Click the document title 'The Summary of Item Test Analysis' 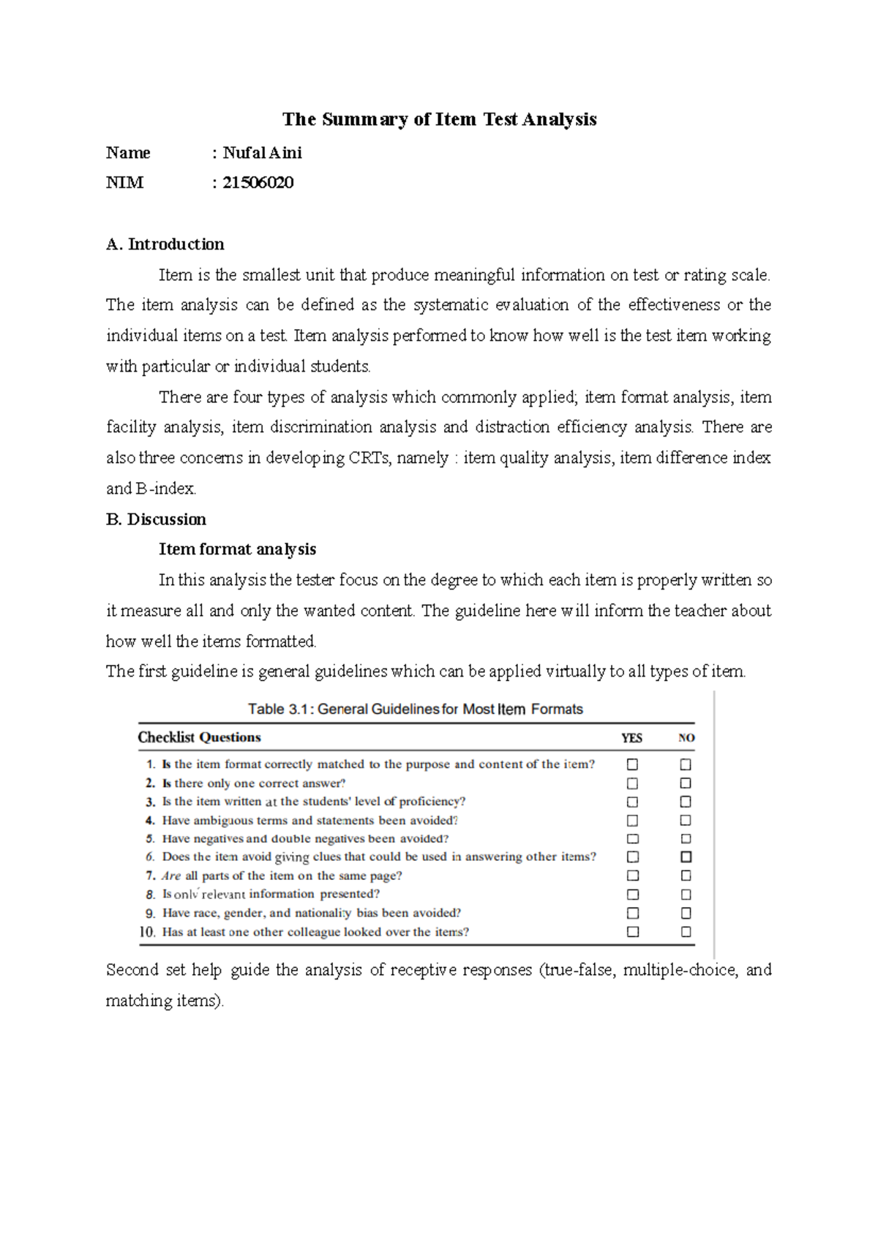coord(439,119)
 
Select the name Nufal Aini coord(262,153)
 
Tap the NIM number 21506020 coord(258,183)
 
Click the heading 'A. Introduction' coord(165,244)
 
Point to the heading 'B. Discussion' coord(156,519)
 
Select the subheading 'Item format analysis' coord(237,549)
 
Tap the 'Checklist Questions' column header coord(199,737)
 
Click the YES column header coord(631,738)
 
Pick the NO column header coord(686,738)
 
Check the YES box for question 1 coord(632,764)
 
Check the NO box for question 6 coord(686,857)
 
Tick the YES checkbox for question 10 coord(633,932)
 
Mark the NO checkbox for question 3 coord(686,802)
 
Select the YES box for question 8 coord(633,895)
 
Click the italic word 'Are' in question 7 coord(170,876)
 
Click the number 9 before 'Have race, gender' coord(150,914)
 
